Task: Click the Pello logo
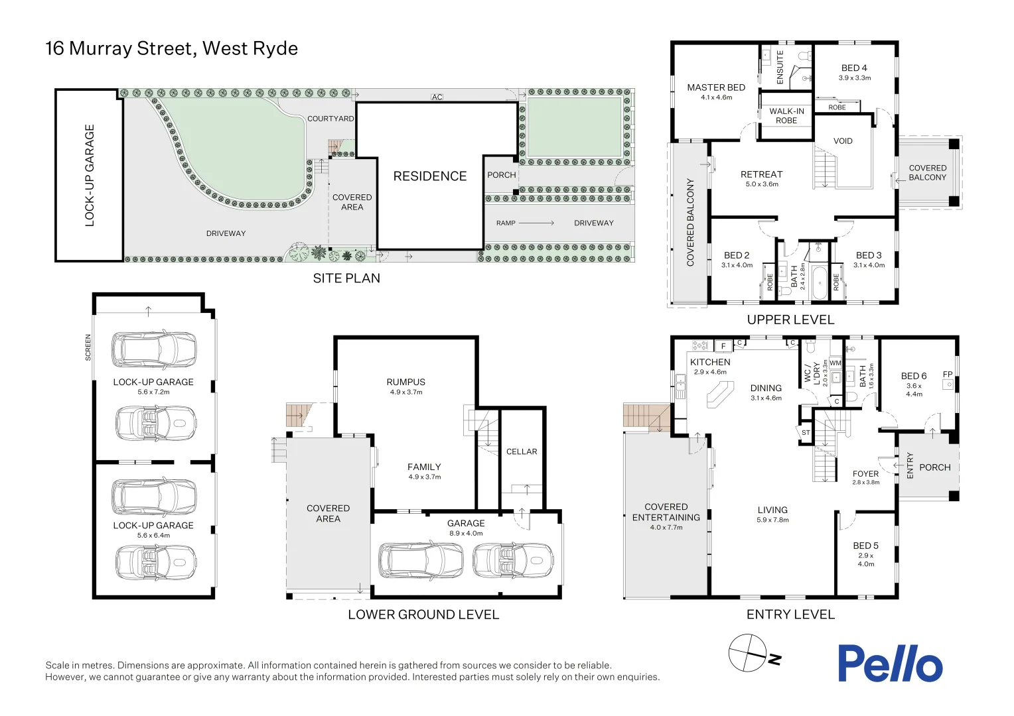point(889,664)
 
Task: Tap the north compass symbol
point(749,653)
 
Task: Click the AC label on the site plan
point(437,97)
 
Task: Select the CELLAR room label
point(522,451)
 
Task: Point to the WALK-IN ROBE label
point(786,116)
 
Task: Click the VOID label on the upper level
point(843,141)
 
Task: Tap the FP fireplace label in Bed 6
point(948,375)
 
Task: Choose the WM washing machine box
point(835,363)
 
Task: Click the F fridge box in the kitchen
point(723,346)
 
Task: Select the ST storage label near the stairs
point(806,432)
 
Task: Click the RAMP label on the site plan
point(506,223)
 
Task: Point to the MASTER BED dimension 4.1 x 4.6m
point(716,97)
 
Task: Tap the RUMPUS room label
point(405,382)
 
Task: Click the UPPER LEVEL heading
point(790,320)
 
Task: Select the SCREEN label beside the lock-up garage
point(88,347)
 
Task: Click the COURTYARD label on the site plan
point(330,119)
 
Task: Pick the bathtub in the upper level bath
point(818,283)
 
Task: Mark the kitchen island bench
point(720,397)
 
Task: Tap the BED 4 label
point(854,68)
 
